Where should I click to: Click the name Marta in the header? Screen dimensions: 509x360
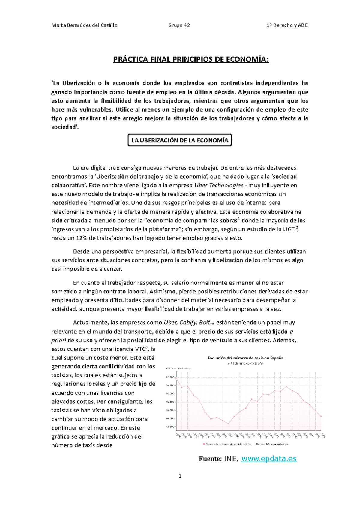(58, 25)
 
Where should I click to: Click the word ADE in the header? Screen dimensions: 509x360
(303, 25)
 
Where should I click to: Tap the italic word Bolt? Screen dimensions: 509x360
(205, 323)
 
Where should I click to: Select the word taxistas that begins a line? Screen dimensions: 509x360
(62, 375)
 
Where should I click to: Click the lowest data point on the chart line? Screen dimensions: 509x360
(228, 424)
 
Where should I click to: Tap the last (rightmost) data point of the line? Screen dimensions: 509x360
(321, 416)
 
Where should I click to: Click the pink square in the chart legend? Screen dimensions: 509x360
(204, 444)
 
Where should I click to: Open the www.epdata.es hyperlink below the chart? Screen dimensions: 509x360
(269, 459)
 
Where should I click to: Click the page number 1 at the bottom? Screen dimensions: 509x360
(180, 476)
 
